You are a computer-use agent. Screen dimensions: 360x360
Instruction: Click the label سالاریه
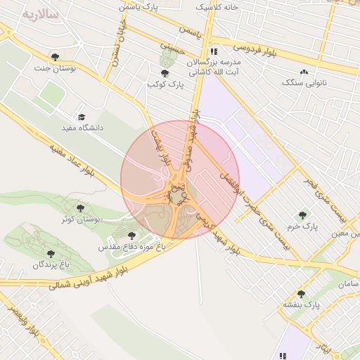click(41, 15)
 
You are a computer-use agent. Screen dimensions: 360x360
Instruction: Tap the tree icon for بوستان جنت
click(56, 57)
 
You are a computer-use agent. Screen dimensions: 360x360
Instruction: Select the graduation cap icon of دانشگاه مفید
click(82, 117)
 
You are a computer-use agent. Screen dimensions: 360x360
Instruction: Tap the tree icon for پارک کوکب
click(165, 73)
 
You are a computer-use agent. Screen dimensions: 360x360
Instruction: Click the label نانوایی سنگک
click(304, 83)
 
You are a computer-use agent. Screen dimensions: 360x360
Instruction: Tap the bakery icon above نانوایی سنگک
click(304, 72)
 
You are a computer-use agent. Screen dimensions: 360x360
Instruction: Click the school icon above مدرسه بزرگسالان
click(213, 51)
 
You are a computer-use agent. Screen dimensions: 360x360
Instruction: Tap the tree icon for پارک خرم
click(303, 216)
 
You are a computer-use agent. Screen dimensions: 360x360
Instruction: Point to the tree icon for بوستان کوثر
click(80, 208)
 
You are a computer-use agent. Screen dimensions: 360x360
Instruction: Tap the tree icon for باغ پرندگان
click(50, 253)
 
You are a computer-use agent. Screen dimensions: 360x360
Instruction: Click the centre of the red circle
click(180, 179)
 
